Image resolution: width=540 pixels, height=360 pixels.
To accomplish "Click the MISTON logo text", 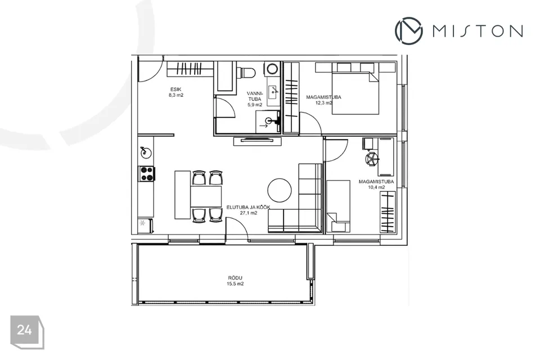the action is pyautogui.click(x=478, y=31).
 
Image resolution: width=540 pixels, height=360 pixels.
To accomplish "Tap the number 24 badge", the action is pyautogui.click(x=27, y=332).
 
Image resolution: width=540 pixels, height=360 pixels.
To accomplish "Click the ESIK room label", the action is pyautogui.click(x=175, y=89).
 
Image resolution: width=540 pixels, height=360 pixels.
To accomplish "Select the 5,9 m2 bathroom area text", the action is pyautogui.click(x=255, y=105).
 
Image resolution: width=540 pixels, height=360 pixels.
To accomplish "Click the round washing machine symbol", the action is pyautogui.click(x=273, y=68).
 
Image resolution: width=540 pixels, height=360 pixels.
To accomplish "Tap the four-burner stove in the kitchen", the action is pyautogui.click(x=146, y=174).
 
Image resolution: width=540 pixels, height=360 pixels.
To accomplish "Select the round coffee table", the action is pyautogui.click(x=280, y=190).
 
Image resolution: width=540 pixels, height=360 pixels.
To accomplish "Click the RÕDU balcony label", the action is pyautogui.click(x=235, y=278).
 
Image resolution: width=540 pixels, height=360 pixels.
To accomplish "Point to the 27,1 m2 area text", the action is pyautogui.click(x=249, y=213).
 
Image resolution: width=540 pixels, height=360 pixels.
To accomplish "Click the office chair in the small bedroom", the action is pyautogui.click(x=371, y=159).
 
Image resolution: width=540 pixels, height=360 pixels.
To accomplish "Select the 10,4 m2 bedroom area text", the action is pyautogui.click(x=376, y=187).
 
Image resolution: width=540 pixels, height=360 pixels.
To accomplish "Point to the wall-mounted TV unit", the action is pyautogui.click(x=257, y=141).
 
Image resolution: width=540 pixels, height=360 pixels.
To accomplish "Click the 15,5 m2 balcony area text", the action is pyautogui.click(x=235, y=284).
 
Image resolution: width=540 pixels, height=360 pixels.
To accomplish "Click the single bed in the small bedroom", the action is pyautogui.click(x=338, y=206).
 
